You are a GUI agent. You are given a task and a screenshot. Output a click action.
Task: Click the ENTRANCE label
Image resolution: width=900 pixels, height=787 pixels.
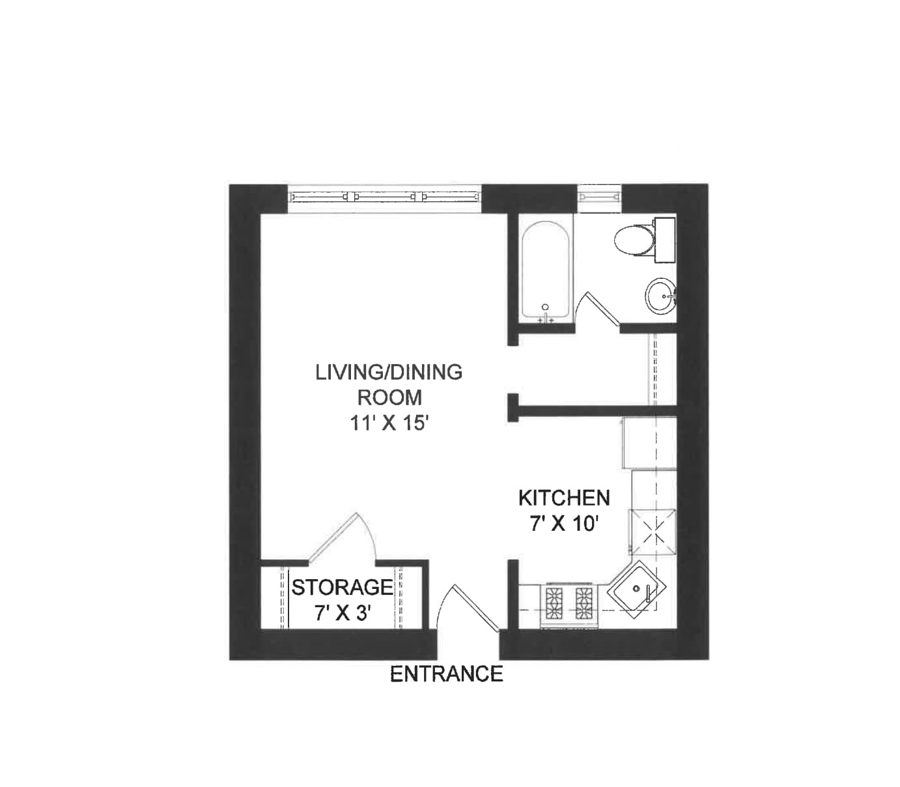pos(446,674)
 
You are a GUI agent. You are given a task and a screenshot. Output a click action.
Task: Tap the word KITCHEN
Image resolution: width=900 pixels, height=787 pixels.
pos(564,498)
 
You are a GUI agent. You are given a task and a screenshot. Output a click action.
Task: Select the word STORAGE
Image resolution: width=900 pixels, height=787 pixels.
pos(342,588)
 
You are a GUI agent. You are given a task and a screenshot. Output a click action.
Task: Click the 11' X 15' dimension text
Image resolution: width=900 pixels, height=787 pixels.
pos(389,423)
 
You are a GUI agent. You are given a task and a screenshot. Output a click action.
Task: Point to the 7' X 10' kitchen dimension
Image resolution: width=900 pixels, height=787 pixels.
pos(564,523)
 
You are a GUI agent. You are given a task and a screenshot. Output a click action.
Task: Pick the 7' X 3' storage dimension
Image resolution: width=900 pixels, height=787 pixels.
pos(343,613)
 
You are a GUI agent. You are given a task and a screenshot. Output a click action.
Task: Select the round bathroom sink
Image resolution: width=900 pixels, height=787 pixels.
pos(661,296)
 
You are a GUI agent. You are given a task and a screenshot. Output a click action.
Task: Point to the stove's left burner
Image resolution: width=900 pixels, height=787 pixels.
pos(555,603)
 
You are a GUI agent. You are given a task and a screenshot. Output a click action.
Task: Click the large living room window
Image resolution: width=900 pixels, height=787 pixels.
pos(384,196)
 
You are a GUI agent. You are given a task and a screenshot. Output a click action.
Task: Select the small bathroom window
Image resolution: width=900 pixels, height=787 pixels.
pos(599,196)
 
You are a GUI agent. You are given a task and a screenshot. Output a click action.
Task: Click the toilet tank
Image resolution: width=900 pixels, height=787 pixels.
pos(664,239)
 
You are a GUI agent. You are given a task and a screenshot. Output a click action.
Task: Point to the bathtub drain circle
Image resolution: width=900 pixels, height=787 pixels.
pos(546,307)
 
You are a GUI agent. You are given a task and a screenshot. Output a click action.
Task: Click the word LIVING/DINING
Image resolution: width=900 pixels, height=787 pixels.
pos(389,372)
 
